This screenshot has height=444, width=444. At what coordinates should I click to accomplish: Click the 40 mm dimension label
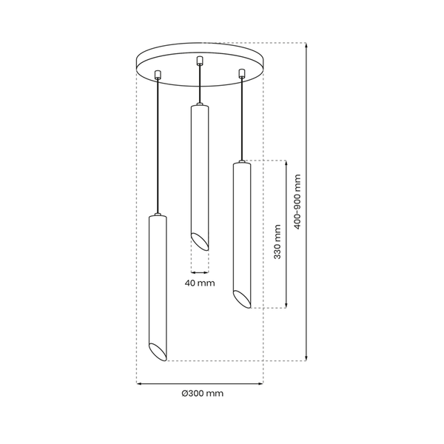pyautogui.click(x=200, y=283)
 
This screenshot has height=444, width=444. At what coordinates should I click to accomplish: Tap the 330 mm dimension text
pyautogui.click(x=277, y=242)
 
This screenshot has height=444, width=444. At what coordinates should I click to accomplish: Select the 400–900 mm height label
pyautogui.click(x=297, y=201)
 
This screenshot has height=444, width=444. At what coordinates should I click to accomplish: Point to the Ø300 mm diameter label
pyautogui.click(x=203, y=394)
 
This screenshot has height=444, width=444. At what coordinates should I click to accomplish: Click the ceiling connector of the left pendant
pyautogui.click(x=158, y=75)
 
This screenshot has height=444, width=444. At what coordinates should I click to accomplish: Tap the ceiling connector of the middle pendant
pyautogui.click(x=200, y=61)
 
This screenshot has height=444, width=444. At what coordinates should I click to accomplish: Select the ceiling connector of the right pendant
pyautogui.click(x=241, y=73)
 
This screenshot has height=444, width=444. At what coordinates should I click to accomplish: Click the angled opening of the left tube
pyautogui.click(x=158, y=352)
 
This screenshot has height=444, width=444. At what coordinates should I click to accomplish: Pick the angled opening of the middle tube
pyautogui.click(x=200, y=242)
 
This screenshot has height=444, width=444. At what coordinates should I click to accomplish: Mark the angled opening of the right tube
pyautogui.click(x=242, y=299)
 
